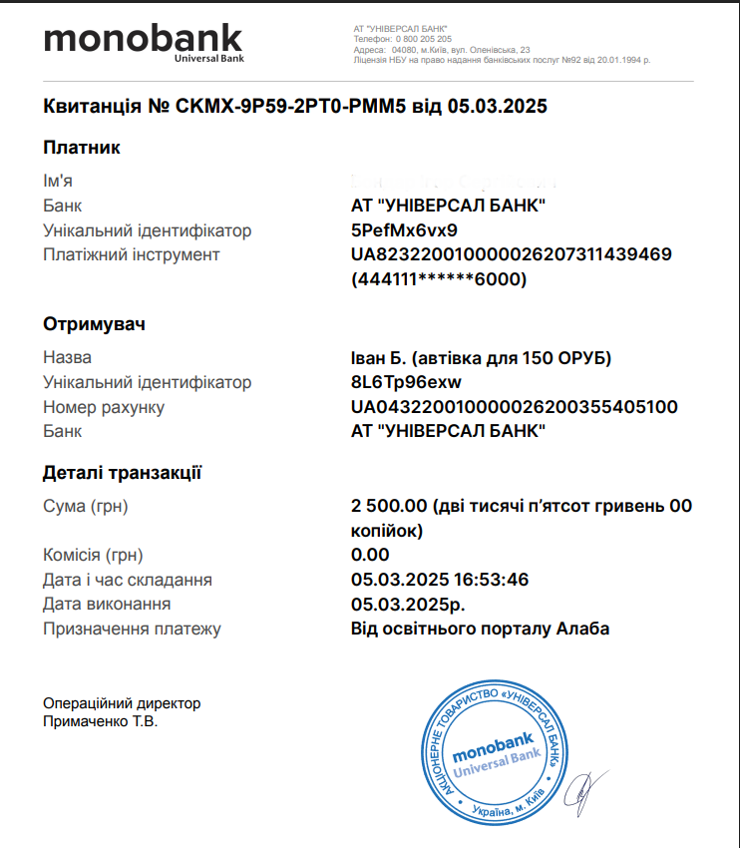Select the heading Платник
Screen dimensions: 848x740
(x=82, y=148)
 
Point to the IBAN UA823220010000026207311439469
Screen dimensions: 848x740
(x=512, y=254)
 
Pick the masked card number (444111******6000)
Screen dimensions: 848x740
(x=439, y=279)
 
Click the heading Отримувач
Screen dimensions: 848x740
(x=95, y=324)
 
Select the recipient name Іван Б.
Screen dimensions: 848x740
(x=380, y=357)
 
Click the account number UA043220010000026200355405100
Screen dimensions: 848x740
(x=515, y=407)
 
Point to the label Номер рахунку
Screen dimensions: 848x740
(x=104, y=407)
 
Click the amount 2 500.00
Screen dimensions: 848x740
(x=390, y=506)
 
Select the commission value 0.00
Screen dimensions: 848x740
(x=370, y=555)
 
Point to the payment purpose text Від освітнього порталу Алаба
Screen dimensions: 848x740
(x=480, y=629)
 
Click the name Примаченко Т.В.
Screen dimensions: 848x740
(x=100, y=720)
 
